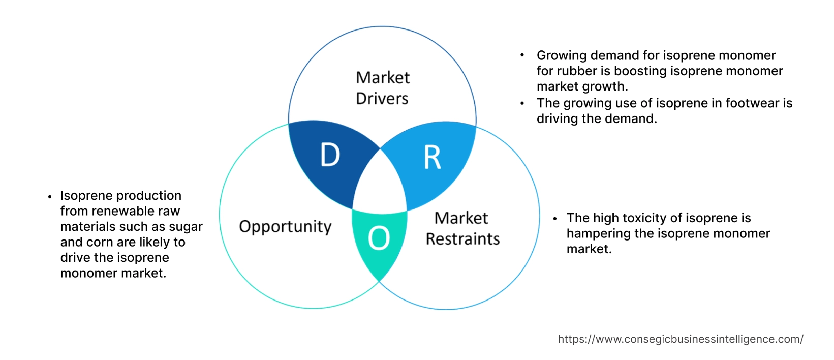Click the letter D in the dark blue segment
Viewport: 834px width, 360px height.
330,155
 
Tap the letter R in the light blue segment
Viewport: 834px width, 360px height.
432,158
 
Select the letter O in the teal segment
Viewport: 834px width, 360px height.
379,238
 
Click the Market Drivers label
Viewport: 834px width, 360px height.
382,87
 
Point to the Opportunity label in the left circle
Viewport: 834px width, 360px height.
285,226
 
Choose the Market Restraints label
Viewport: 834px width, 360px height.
462,228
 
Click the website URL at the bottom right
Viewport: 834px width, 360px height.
680,339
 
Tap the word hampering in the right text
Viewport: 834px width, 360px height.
599,233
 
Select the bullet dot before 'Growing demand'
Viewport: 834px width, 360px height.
522,55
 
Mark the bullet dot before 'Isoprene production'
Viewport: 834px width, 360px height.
50,196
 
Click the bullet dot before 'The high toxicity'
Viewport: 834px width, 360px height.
555,219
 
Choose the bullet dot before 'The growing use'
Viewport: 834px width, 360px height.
522,103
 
